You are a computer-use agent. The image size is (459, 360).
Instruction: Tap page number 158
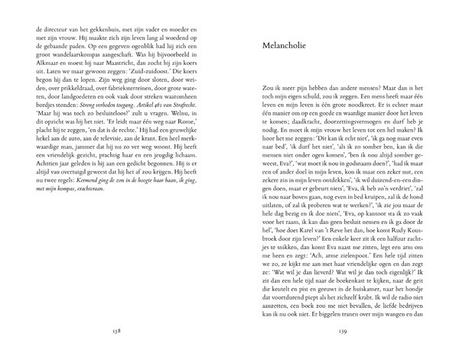click(117, 332)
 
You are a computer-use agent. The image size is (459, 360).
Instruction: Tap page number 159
click(342, 332)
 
